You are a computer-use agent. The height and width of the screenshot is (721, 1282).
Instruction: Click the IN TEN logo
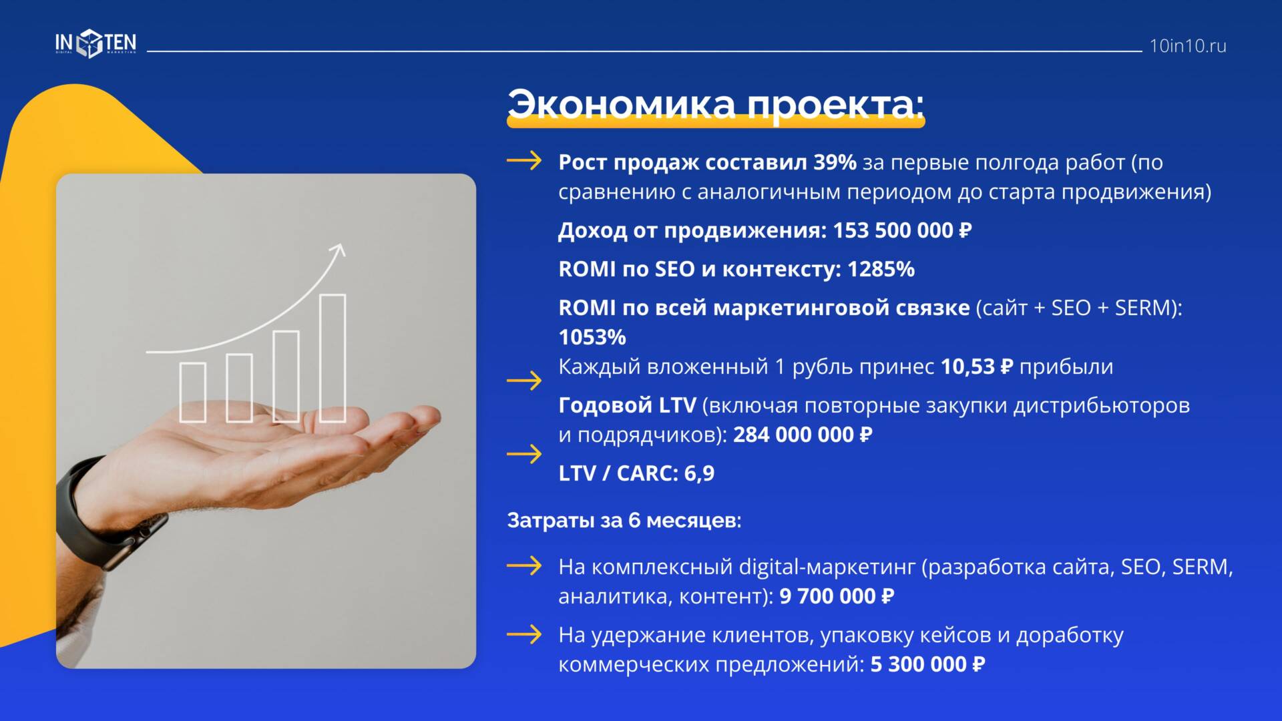[95, 44]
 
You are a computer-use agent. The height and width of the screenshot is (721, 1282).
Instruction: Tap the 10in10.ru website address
[1188, 46]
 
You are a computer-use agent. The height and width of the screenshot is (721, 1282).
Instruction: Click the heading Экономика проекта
[716, 104]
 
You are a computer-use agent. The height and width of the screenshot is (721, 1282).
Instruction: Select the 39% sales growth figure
[835, 162]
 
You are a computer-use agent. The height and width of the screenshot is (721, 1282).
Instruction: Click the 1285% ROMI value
[881, 269]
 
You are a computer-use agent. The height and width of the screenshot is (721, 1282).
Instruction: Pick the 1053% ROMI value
[592, 337]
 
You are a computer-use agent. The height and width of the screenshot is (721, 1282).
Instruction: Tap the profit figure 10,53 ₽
[977, 367]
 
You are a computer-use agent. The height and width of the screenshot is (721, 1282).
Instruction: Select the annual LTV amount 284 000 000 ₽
[803, 435]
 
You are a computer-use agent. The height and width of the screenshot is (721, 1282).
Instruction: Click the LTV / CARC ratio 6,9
[699, 473]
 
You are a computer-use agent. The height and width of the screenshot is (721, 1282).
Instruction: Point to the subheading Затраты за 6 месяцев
[624, 520]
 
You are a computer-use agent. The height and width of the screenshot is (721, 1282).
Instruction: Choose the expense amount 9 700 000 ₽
[836, 596]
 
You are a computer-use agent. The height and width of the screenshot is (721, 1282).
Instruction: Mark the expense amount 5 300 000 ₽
[927, 664]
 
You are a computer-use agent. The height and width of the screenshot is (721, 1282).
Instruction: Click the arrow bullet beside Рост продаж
[524, 161]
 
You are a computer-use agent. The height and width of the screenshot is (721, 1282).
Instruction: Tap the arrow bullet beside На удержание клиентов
[524, 634]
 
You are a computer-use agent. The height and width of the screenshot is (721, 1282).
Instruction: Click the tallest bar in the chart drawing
[333, 358]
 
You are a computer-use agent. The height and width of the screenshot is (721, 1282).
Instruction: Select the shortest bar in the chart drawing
[193, 393]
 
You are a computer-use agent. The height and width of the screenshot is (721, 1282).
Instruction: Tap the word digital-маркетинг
[827, 567]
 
